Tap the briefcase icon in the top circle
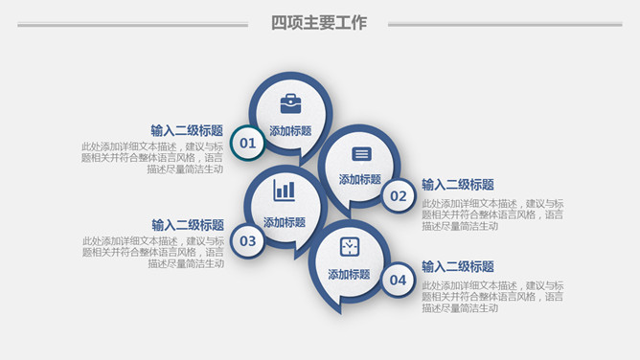pos(290,103)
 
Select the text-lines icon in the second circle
pos(361,154)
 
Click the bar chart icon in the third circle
pos(285,190)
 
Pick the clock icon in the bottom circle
pos(349,247)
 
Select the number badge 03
pos(248,240)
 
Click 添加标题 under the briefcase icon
pos(290,131)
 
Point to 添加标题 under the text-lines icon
pos(360,179)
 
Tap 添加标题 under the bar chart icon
pos(285,222)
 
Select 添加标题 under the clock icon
pos(349,274)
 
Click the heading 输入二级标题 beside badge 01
pos(187,130)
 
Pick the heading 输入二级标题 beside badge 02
pos(458,185)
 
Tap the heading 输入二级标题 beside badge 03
pos(187,225)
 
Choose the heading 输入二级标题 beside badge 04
pos(458,267)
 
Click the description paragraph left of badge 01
pos(153,158)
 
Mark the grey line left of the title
pos(132,25)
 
